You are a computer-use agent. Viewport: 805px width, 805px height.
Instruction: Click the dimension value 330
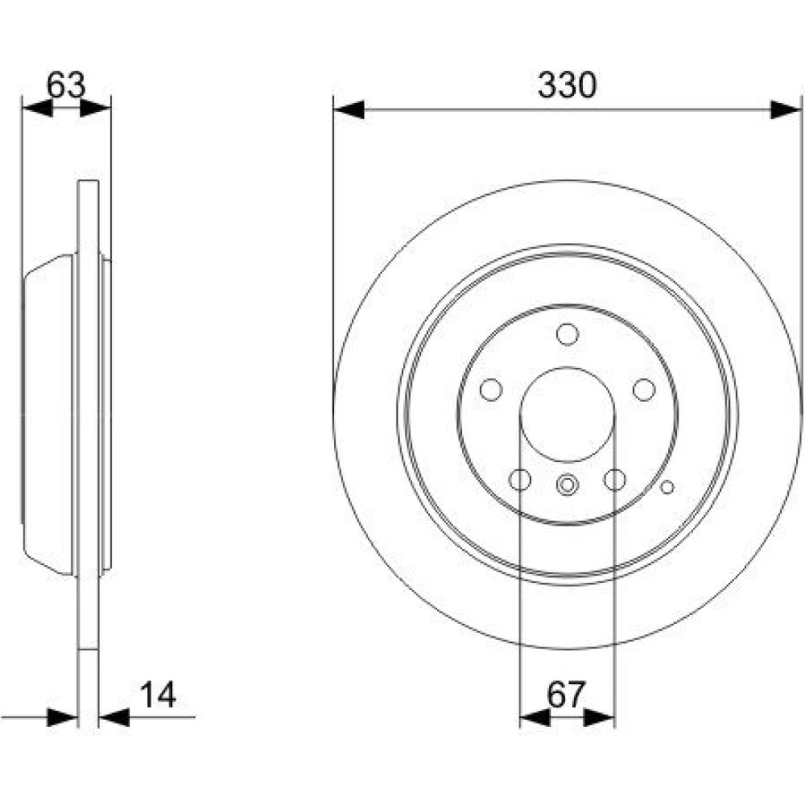(568, 85)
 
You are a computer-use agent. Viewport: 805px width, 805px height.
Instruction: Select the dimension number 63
(66, 85)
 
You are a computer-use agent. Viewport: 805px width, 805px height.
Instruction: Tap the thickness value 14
(158, 694)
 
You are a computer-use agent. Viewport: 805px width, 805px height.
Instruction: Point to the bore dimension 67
(566, 694)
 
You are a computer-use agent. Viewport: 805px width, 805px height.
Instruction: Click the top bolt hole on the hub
(568, 334)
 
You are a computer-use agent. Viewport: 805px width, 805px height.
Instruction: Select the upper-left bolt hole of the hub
(491, 390)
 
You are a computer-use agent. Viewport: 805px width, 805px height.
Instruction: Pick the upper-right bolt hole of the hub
(644, 390)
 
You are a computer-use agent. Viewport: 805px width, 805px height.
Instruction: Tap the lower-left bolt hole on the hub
(519, 480)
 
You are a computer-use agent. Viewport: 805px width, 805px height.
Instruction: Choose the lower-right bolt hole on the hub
(614, 480)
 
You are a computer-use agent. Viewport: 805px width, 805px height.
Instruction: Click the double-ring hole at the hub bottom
(568, 485)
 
